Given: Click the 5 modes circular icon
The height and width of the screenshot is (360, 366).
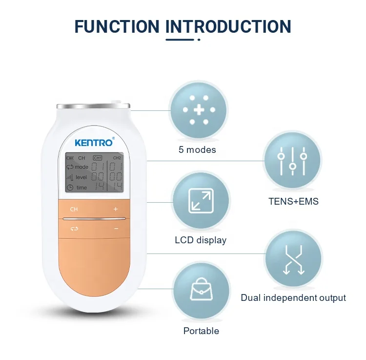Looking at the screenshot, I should click(x=199, y=110).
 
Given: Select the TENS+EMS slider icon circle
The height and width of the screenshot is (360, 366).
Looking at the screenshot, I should click(x=293, y=162).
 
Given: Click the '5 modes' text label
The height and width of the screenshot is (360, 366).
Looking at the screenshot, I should click(x=198, y=149).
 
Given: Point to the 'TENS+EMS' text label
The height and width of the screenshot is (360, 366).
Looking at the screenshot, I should click(x=293, y=201).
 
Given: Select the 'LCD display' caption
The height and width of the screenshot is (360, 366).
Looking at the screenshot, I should click(x=201, y=240).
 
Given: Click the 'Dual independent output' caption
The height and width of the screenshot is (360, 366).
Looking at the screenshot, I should click(x=293, y=297).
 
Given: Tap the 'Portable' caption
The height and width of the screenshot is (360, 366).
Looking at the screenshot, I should click(x=201, y=331).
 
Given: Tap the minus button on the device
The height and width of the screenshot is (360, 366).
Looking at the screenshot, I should click(x=116, y=228).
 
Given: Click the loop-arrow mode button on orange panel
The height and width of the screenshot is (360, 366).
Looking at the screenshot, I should click(x=74, y=228).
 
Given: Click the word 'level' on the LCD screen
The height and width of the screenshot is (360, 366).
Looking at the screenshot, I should click(x=81, y=177).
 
